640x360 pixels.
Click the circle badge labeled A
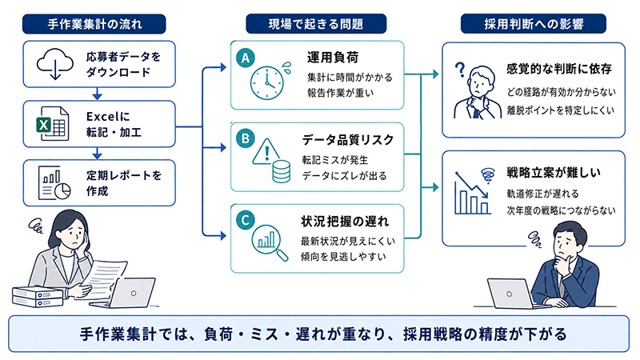pyautogui.click(x=246, y=58)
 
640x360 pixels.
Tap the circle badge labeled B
pyautogui.click(x=246, y=138)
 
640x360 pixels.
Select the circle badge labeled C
pyautogui.click(x=246, y=221)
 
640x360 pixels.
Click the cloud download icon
pyautogui.click(x=54, y=64)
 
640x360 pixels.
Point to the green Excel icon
pyautogui.click(x=52, y=123)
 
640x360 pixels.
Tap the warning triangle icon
pyautogui.click(x=267, y=152)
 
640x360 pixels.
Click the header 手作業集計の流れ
pyautogui.click(x=94, y=24)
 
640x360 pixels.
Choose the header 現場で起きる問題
pyautogui.click(x=316, y=24)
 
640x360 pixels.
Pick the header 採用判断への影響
pyautogui.click(x=534, y=24)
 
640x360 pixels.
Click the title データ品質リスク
pyautogui.click(x=348, y=140)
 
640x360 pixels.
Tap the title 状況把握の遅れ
pyautogui.click(x=345, y=222)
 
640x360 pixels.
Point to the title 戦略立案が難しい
pyautogui.click(x=554, y=173)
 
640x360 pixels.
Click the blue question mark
pyautogui.click(x=460, y=70)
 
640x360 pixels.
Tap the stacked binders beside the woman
pyautogui.click(x=37, y=297)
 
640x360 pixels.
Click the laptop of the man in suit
pyautogui.click(x=513, y=294)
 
